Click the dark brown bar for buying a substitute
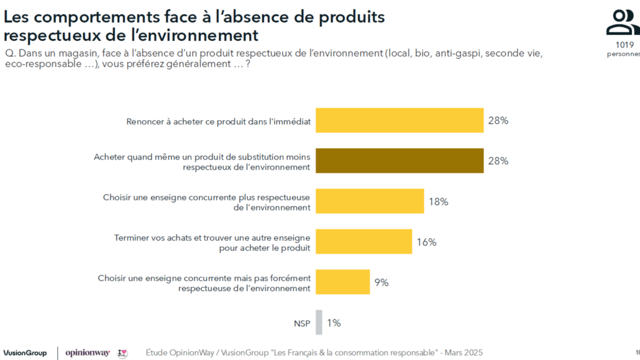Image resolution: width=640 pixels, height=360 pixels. (x=400, y=160)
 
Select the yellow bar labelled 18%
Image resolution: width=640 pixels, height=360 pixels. (x=370, y=201)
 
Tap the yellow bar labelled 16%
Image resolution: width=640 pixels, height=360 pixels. (x=364, y=241)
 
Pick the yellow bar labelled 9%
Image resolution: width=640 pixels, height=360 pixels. (x=343, y=282)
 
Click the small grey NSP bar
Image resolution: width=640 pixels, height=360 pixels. (x=319, y=323)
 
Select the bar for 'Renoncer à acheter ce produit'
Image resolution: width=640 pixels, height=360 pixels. (x=400, y=120)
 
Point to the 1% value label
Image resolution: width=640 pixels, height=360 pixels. (x=334, y=323)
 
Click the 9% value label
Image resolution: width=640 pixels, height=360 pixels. (x=382, y=282)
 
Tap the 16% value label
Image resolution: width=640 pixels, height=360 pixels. (x=426, y=242)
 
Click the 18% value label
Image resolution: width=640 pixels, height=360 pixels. (x=438, y=201)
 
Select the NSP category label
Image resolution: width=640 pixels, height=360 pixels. (x=302, y=323)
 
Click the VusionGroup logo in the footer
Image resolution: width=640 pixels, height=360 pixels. (x=25, y=353)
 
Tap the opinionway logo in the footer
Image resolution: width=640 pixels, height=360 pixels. (x=88, y=353)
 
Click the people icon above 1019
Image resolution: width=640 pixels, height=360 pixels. (x=623, y=22)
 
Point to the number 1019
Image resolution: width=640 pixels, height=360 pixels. (x=624, y=45)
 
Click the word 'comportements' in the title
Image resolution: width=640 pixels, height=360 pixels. (x=97, y=17)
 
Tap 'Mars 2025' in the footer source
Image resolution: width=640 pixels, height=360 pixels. (x=464, y=353)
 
